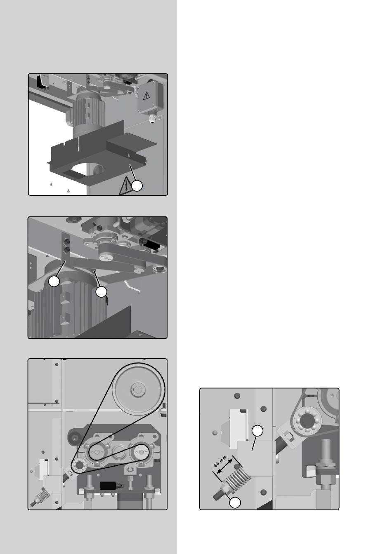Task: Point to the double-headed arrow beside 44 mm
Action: click(224, 466)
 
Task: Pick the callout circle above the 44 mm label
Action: click(257, 431)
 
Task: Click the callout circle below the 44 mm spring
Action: click(235, 503)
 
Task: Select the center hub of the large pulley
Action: click(138, 390)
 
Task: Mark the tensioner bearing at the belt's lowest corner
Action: click(79, 465)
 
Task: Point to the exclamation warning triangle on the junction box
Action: click(146, 95)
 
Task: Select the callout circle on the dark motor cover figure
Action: click(137, 186)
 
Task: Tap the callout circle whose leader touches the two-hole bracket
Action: click(54, 281)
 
